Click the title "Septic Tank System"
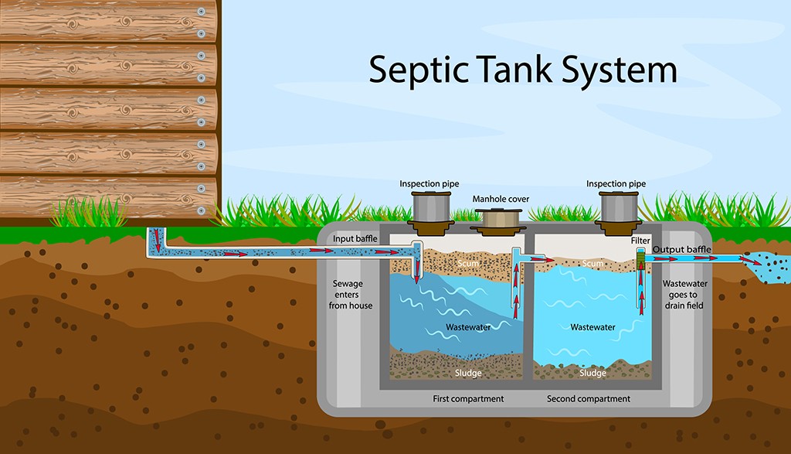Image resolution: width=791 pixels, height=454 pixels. click(522, 70)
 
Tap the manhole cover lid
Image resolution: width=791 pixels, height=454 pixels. click(501, 219)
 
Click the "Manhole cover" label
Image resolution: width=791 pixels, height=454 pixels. click(501, 199)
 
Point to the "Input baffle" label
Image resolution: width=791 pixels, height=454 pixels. click(355, 239)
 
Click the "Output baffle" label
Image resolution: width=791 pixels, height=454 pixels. click(682, 249)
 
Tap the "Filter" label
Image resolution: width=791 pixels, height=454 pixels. click(640, 241)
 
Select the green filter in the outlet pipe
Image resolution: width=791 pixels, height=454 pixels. click(640, 264)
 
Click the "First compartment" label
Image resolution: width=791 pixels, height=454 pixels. click(468, 399)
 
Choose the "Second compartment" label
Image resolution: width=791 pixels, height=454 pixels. click(589, 399)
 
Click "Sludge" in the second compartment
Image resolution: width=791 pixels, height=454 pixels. click(592, 374)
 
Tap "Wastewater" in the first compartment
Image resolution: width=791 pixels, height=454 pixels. click(468, 327)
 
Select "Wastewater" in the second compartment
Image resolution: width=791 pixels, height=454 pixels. click(592, 327)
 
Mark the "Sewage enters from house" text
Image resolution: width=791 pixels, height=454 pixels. click(352, 295)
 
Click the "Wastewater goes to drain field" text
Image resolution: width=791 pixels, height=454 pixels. click(685, 295)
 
